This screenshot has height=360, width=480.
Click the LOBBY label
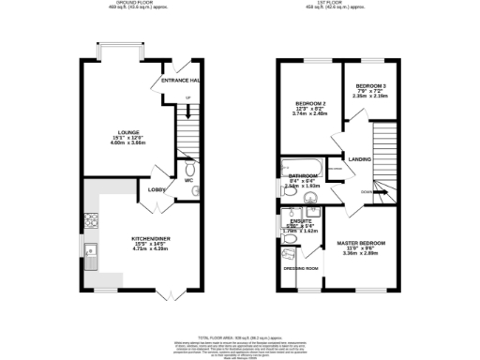click(x=157, y=189)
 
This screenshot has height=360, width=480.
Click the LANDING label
click(x=359, y=158)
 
